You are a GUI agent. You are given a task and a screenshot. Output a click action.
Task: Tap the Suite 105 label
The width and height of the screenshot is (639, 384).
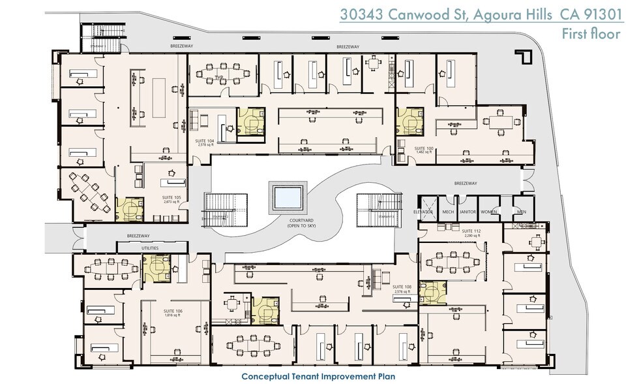(172, 199)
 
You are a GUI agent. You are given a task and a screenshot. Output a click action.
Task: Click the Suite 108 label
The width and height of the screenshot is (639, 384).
(402, 288)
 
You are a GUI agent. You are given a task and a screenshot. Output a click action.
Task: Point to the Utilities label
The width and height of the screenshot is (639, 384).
(150, 247)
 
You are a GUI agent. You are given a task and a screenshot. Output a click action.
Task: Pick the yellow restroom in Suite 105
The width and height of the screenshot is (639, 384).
(130, 209)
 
